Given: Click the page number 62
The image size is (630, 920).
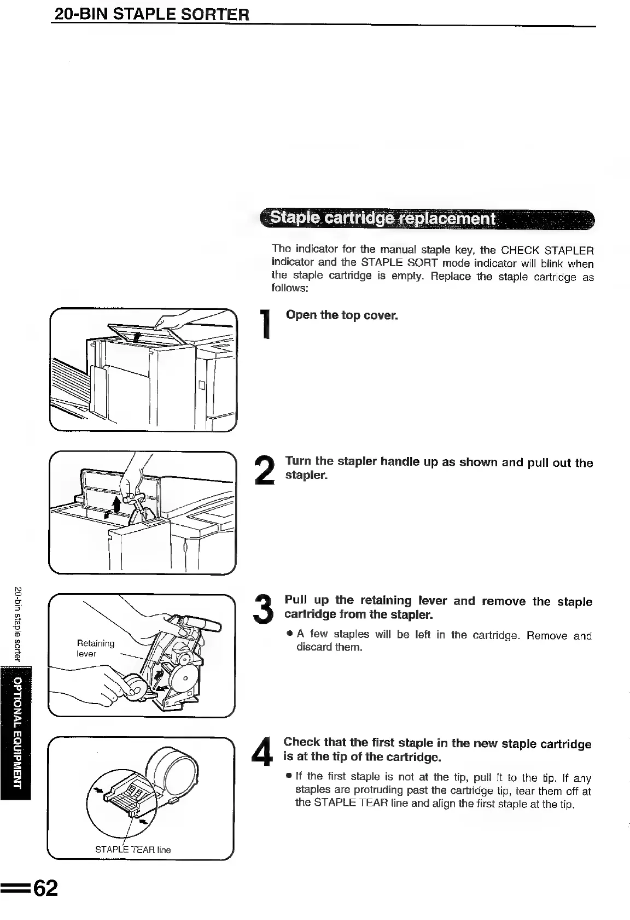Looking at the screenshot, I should pos(45,888).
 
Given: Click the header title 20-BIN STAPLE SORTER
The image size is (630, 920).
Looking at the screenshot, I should pos(151,13).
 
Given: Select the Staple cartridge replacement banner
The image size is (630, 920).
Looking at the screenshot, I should pos(427,220).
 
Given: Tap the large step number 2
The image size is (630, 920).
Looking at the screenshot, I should pos(265,470).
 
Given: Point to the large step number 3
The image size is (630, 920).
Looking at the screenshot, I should pos(265,607).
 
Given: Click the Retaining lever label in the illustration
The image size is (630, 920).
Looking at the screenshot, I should pos(96,648).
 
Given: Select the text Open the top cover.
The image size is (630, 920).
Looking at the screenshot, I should pos(342,316).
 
